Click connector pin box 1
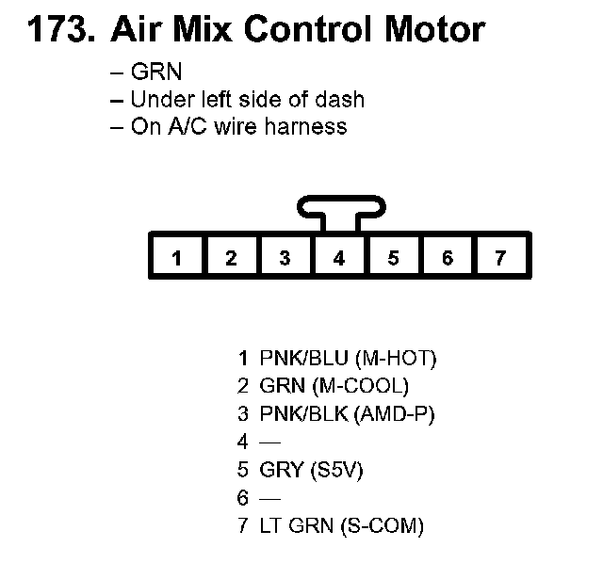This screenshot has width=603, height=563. pos(177,257)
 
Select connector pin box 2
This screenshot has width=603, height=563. pos(231,257)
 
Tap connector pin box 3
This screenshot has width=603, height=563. pos(285,257)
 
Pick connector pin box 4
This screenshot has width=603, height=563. pos(339,257)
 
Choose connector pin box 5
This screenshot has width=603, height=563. pos(393,257)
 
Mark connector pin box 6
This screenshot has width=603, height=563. pos(448,257)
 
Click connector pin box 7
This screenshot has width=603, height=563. pos(501,257)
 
